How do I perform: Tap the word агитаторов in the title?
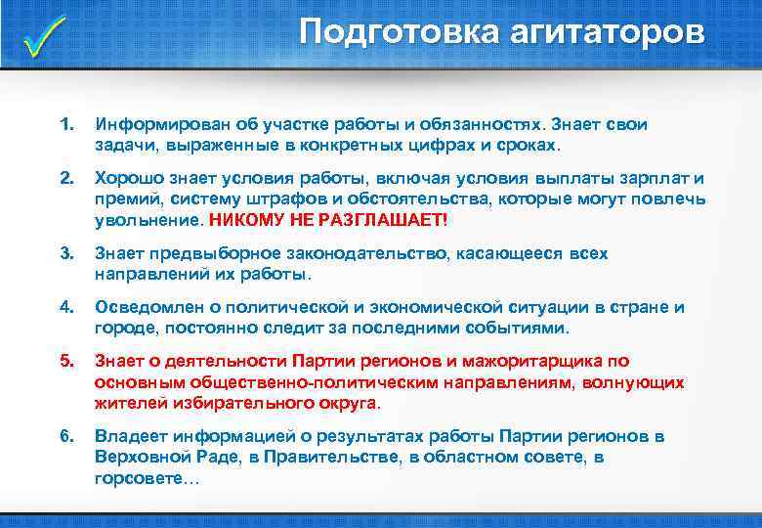pos(607,32)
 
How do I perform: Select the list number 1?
pos(65,125)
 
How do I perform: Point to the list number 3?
pos(65,253)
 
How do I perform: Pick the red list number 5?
pos(65,361)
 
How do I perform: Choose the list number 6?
pos(65,435)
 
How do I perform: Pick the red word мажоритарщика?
pos(531,361)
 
